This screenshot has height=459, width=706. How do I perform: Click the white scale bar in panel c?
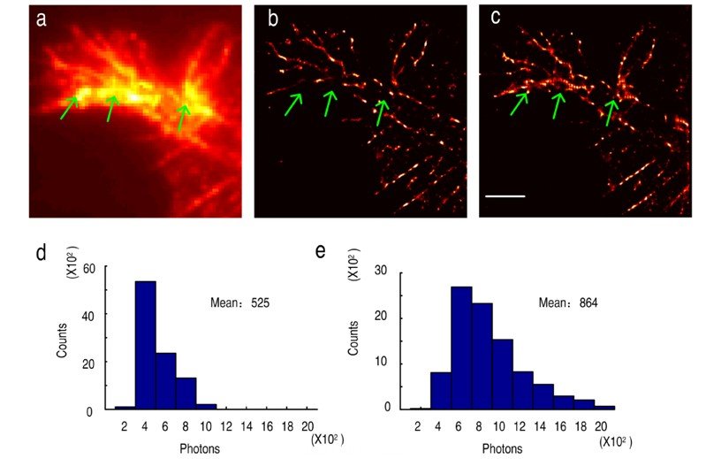pyautogui.click(x=506, y=195)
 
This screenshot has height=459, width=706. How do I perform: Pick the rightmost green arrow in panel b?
pyautogui.click(x=381, y=111)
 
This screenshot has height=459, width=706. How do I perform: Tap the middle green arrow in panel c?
pyautogui.click(x=556, y=106)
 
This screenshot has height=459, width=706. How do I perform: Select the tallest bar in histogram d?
pyautogui.click(x=145, y=345)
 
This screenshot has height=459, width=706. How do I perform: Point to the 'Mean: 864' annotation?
pyautogui.click(x=568, y=303)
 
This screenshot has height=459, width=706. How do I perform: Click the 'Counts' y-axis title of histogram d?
pyautogui.click(x=63, y=338)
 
